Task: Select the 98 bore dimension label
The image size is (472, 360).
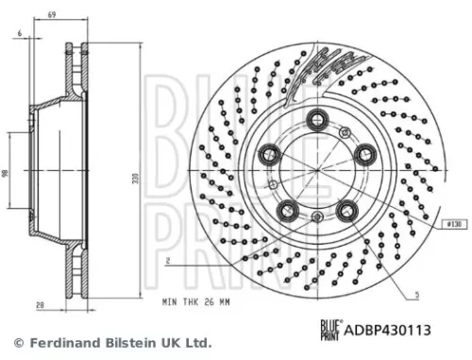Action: coord(7,176)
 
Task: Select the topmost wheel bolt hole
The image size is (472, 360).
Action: coord(316,119)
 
